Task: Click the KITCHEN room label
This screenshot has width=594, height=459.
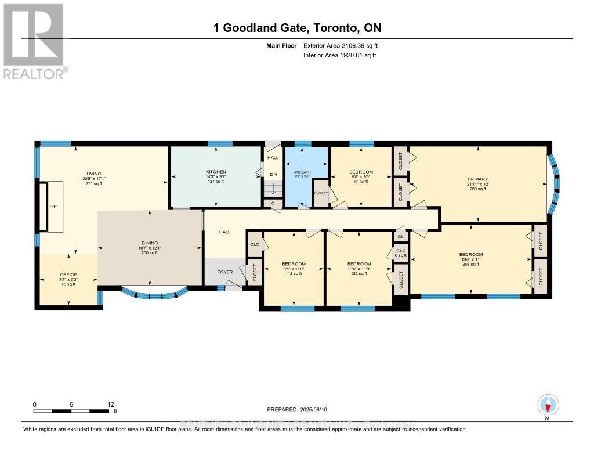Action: click(215, 172)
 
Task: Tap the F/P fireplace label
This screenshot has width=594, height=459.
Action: click(52, 206)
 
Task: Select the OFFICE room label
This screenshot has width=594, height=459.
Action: click(68, 274)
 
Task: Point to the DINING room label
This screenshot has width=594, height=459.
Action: click(150, 243)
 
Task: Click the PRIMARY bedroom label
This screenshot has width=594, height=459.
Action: click(479, 179)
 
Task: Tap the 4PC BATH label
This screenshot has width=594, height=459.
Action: click(302, 172)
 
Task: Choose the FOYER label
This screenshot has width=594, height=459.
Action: click(224, 272)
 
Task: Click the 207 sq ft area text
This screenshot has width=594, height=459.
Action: click(470, 264)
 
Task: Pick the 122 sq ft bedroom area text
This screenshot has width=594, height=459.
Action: click(358, 274)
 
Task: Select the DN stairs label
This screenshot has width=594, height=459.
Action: click(273, 174)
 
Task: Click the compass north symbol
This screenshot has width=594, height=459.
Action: click(548, 404)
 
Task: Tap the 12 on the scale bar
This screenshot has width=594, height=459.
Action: click(110, 404)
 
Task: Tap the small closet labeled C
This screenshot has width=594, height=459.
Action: click(273, 203)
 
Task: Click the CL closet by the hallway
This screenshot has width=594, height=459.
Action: click(401, 236)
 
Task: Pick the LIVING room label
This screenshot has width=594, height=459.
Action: click(94, 174)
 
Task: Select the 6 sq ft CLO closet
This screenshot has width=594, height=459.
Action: click(401, 253)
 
